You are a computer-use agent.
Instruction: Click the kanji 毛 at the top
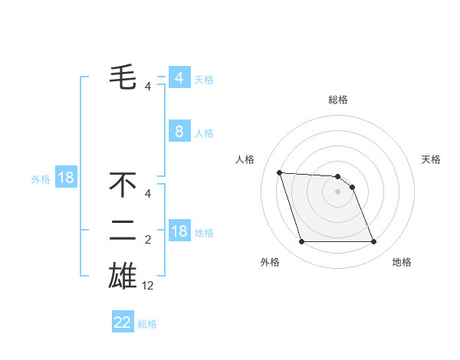(x=123, y=77)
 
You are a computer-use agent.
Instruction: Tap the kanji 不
(x=123, y=185)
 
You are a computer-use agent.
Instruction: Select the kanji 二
(x=123, y=230)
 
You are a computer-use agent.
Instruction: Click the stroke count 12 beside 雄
(x=148, y=285)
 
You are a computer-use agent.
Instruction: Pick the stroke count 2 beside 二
(x=148, y=240)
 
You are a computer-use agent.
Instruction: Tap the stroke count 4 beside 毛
(x=148, y=86)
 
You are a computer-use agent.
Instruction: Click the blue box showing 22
(x=123, y=322)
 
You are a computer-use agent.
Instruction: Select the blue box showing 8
(x=179, y=132)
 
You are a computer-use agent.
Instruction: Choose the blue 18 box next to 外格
(x=66, y=178)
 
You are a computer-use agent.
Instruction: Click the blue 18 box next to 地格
(x=179, y=231)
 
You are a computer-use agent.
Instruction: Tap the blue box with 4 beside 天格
(x=179, y=78)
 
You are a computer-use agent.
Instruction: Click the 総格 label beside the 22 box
(x=147, y=324)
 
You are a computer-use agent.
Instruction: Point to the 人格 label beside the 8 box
(x=204, y=133)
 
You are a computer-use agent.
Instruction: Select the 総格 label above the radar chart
(x=338, y=100)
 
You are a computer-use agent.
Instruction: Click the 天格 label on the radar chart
(x=432, y=159)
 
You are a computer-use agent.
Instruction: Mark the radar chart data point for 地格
(x=373, y=242)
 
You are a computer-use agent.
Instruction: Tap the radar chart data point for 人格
(x=279, y=172)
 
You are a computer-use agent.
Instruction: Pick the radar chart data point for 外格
(x=301, y=242)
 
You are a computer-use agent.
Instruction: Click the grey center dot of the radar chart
(x=338, y=191)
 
